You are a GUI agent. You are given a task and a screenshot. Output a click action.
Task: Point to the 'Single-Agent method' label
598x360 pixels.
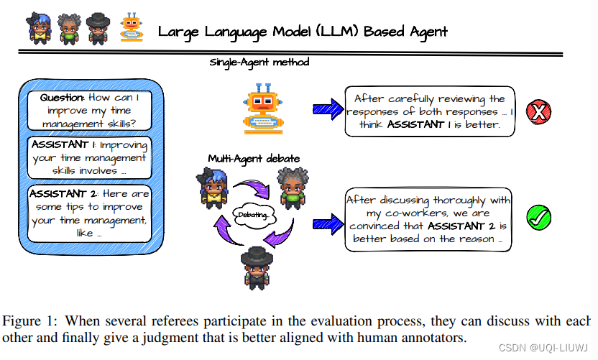[259, 62]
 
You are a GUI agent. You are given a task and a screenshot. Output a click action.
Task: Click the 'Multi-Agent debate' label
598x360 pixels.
[244, 158]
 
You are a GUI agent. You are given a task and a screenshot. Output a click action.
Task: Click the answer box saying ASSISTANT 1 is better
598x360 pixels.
[430, 111]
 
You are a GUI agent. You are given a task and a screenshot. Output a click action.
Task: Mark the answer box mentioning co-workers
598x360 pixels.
[429, 219]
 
